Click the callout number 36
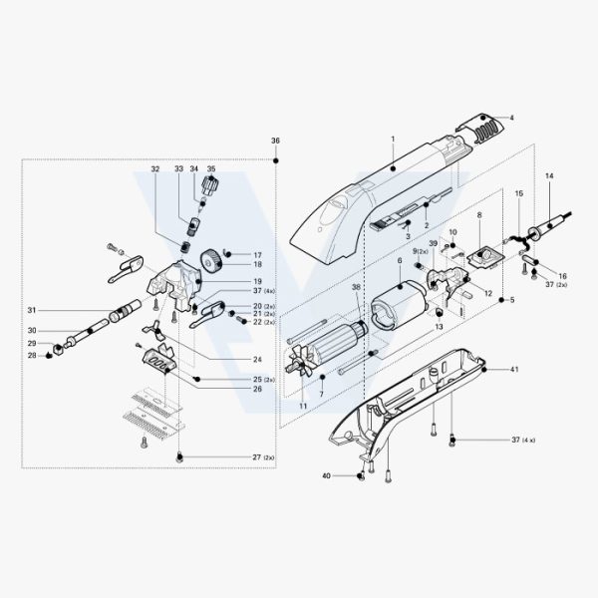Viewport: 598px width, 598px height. click(x=275, y=141)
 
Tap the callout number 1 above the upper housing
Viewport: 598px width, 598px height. click(x=393, y=140)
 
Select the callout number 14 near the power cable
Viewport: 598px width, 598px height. click(x=549, y=175)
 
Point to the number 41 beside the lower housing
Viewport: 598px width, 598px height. click(x=515, y=369)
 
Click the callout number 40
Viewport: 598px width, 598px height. click(x=327, y=476)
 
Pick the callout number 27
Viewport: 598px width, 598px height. click(x=257, y=457)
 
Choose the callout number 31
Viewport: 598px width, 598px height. click(x=32, y=310)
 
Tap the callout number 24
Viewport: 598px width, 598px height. click(x=258, y=359)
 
